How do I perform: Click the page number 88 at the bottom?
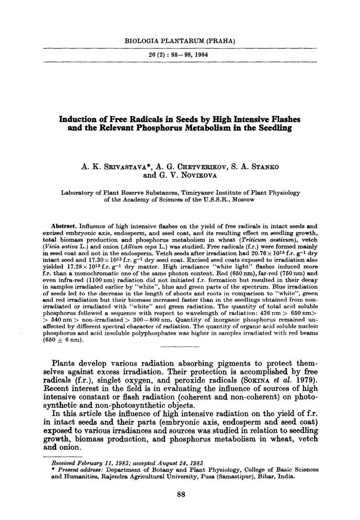[180, 494]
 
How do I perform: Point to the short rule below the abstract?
[180, 347]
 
